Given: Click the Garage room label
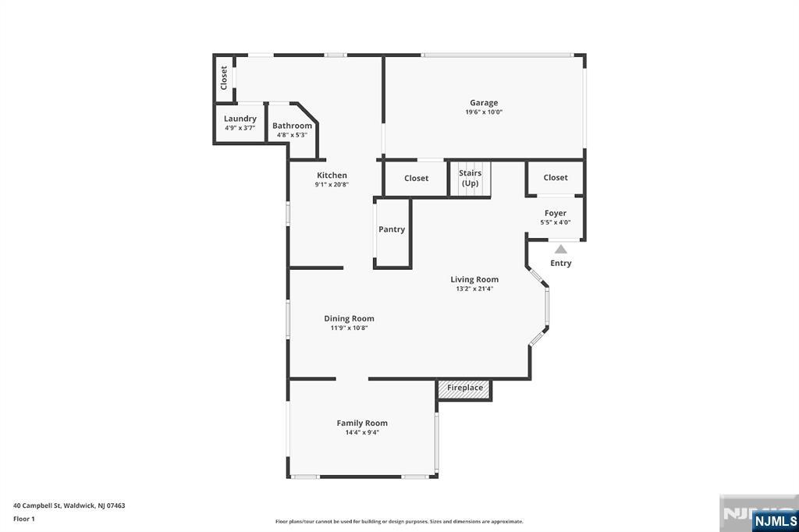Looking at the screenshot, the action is point(484,103).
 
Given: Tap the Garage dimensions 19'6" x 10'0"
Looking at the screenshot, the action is point(484,112).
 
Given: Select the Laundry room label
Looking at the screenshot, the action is point(240,119).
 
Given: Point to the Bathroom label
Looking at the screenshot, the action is point(292,126).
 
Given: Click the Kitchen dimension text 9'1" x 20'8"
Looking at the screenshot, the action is point(332,184).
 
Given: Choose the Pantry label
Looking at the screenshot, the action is point(392,229).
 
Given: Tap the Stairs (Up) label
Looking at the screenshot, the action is point(470,178).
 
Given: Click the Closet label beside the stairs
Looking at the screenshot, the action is point(417,178).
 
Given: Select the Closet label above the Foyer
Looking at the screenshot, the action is point(556,177).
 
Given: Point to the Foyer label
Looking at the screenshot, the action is point(556,213).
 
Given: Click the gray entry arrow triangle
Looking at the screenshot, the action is point(560,249).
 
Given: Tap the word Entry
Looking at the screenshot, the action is point(560,263).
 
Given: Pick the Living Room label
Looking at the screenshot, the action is point(474,279).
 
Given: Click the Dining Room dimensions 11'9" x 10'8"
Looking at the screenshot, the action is point(349,328).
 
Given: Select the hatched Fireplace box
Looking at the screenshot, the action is point(465,388).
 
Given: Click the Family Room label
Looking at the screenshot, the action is point(362,423).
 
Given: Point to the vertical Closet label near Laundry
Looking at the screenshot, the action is point(224,78).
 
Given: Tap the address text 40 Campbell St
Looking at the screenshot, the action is point(37,505).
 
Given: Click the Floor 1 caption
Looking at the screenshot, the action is point(24,519).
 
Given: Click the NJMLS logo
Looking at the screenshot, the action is point(775,521).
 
